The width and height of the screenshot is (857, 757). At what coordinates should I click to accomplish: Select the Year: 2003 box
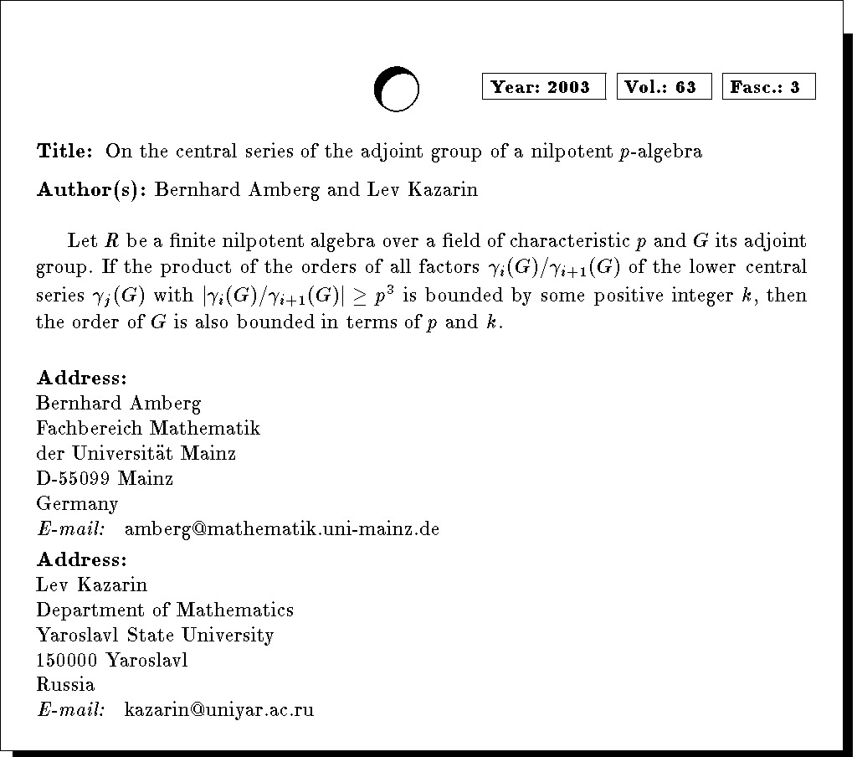[543, 87]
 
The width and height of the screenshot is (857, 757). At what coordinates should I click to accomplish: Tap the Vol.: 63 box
[664, 87]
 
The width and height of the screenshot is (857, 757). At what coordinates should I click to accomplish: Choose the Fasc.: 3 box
[768, 87]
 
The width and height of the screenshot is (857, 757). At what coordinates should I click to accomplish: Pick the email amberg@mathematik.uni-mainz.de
[281, 529]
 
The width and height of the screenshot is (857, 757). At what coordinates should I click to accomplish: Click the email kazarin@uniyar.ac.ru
[218, 711]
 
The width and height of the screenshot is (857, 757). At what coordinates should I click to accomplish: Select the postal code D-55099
[73, 479]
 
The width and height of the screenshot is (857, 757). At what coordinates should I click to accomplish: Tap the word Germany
[77, 505]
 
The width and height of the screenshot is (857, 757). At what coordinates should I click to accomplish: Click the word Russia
[65, 685]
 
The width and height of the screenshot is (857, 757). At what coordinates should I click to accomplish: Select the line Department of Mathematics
[165, 610]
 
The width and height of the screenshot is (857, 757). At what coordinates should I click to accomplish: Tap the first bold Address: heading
[81, 378]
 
